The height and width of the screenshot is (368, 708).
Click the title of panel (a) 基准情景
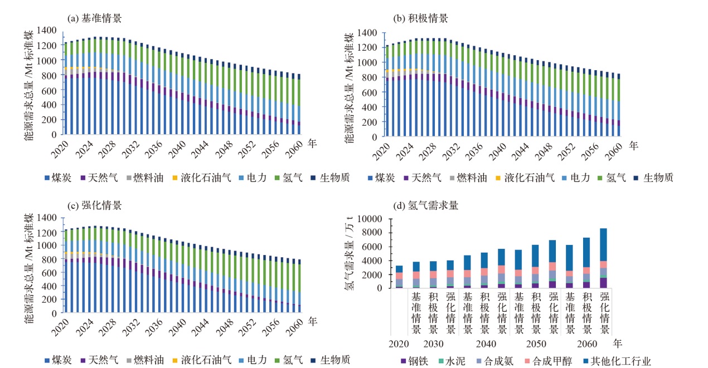(94, 18)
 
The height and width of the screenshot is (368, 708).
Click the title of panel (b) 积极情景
(421, 18)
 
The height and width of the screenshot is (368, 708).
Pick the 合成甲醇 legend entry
(547, 361)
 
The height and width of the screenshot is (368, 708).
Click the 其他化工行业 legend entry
(615, 361)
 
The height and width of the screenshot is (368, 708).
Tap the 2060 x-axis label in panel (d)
(588, 343)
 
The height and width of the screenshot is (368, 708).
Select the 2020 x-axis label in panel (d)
(399, 343)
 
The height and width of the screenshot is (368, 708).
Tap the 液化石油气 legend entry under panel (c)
(206, 360)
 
